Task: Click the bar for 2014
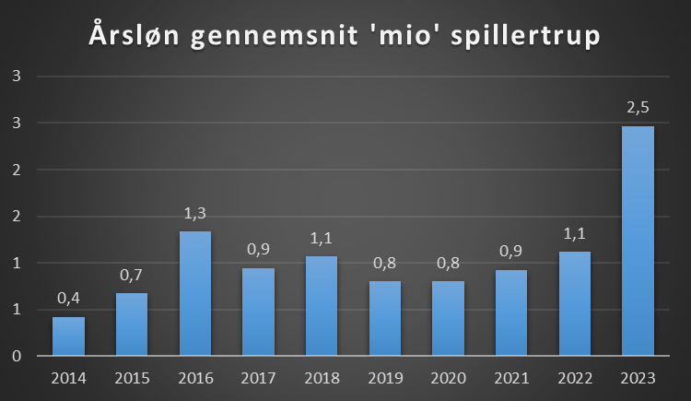tap(68, 336)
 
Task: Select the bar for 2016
tap(194, 293)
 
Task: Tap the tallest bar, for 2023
tap(638, 241)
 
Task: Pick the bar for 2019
tap(384, 318)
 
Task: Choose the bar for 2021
tap(511, 313)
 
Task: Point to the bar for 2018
tap(322, 305)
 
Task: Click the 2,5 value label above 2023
tap(638, 108)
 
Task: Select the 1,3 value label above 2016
tap(194, 213)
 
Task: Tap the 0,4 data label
tap(68, 299)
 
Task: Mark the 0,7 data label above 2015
tap(132, 275)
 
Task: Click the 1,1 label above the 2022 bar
tap(574, 233)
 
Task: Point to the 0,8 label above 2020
tap(448, 263)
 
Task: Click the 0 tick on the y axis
tap(16, 356)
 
